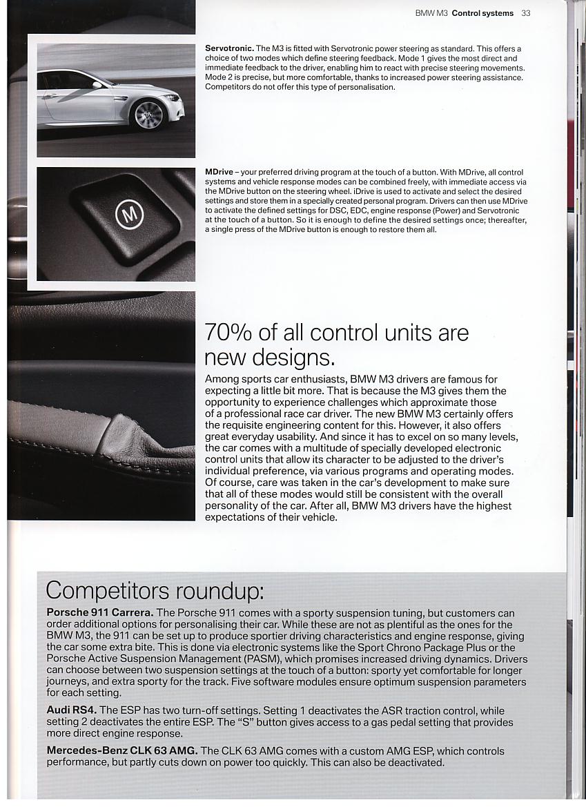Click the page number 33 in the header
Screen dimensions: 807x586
[x=526, y=13]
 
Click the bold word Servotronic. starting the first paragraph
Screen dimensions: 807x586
[x=229, y=48]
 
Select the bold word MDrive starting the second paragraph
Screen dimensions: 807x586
[x=219, y=172]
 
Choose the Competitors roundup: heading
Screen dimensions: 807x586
[x=155, y=591]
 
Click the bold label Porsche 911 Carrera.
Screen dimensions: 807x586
[x=100, y=612]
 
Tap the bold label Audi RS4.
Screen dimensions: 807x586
[x=72, y=710]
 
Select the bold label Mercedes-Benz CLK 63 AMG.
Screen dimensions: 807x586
[x=122, y=750]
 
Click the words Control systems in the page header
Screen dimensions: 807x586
[x=482, y=13]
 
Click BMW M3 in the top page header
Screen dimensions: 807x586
[x=432, y=13]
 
